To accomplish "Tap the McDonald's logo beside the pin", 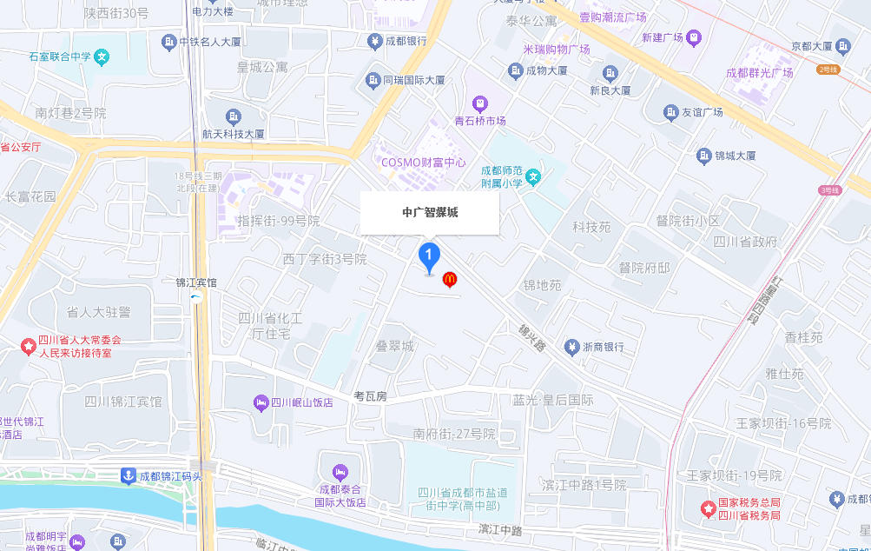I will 450,280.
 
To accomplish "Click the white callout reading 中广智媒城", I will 430,213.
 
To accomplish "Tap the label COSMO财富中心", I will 425,162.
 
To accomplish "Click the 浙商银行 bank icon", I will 571,347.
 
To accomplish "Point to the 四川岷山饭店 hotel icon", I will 261,402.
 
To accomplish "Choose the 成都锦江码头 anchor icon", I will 128,476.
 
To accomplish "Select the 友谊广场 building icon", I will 670,112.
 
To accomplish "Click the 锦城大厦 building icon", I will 704,156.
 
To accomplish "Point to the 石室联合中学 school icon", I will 102,57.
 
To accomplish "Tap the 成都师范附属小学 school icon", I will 534,176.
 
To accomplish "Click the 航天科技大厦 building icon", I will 233,116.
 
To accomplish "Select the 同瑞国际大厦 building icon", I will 373,80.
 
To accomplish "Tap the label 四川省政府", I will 745,242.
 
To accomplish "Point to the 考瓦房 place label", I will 370,395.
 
